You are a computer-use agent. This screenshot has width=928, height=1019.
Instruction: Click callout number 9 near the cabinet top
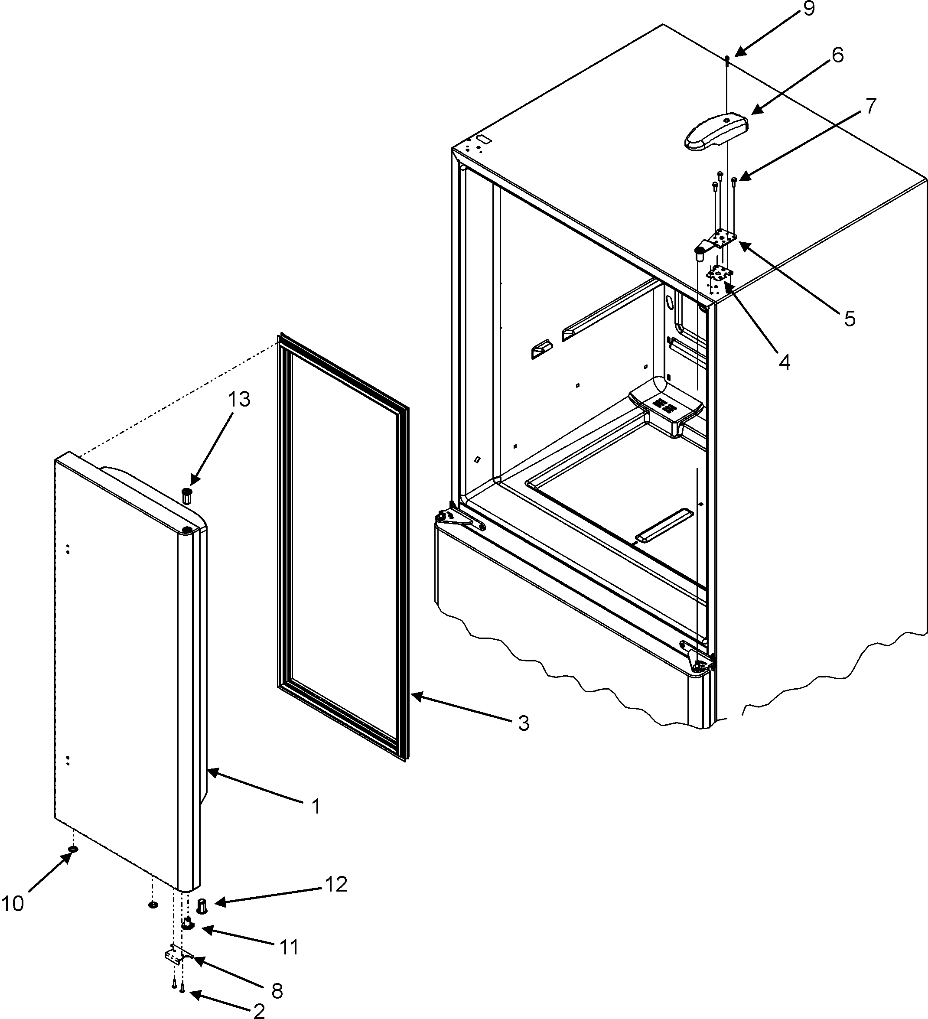[809, 10]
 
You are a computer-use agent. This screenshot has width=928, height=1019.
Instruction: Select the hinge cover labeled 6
[716, 133]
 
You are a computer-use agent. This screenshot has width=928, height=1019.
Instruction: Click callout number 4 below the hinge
[784, 362]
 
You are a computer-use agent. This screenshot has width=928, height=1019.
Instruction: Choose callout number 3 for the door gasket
[523, 723]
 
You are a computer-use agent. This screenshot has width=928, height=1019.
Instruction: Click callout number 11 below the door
[289, 947]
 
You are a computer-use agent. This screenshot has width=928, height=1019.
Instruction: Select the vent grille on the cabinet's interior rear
[663, 405]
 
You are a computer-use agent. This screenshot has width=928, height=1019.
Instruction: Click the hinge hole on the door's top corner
[186, 529]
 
